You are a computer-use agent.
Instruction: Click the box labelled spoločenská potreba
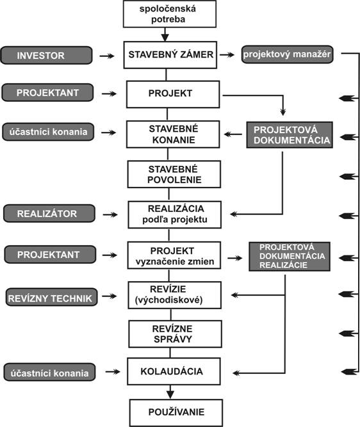[170, 14]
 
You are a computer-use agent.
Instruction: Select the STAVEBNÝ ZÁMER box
[170, 55]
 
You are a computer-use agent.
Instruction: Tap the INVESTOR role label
[47, 55]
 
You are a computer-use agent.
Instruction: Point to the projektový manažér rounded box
[287, 54]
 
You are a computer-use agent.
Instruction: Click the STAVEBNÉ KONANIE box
[173, 134]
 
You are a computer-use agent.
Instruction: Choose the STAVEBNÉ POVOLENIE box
[174, 174]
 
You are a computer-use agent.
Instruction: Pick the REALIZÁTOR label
[49, 214]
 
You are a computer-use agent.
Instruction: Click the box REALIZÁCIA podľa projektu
[175, 214]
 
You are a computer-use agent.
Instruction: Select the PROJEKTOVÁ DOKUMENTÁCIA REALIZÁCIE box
[290, 257]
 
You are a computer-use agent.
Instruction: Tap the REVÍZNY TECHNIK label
[51, 297]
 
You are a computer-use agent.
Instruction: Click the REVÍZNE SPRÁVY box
[176, 334]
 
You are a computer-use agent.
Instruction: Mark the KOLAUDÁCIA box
[174, 371]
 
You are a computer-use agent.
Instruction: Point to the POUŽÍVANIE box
[176, 413]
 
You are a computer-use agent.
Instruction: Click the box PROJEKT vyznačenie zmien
[174, 255]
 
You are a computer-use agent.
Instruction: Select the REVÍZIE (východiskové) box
[175, 295]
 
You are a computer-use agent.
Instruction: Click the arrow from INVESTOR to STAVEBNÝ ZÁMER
[107, 56]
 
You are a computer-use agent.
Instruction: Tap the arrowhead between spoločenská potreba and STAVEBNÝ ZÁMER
[165, 38]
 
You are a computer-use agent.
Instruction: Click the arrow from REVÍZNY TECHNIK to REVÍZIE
[110, 296]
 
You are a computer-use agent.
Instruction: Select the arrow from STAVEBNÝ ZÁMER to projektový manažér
[227, 55]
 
